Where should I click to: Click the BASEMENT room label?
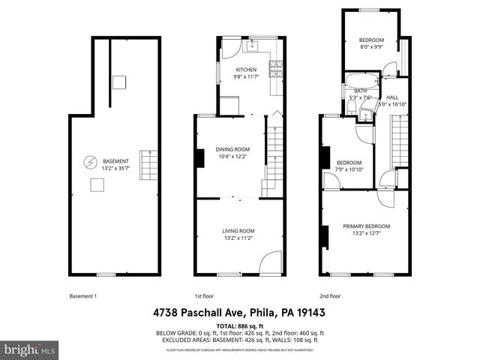[116, 161]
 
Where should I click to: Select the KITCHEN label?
[246, 70]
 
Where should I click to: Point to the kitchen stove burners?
[276, 68]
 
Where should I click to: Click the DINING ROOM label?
[232, 149]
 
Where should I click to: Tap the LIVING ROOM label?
[238, 230]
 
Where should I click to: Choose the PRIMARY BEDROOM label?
[367, 226]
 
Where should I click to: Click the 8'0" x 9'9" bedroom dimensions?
[370, 46]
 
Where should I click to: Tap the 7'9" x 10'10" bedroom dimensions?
[349, 169]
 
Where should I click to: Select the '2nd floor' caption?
[330, 295]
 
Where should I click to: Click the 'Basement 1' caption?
[82, 295]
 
